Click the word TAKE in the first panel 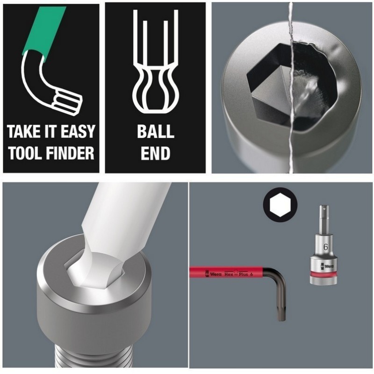point(21,131)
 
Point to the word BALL point(156,131)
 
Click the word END point(155,153)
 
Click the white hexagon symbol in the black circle point(280,205)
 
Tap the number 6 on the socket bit point(325,247)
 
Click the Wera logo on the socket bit point(327,266)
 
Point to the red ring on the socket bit point(324,274)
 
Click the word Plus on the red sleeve point(243,274)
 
